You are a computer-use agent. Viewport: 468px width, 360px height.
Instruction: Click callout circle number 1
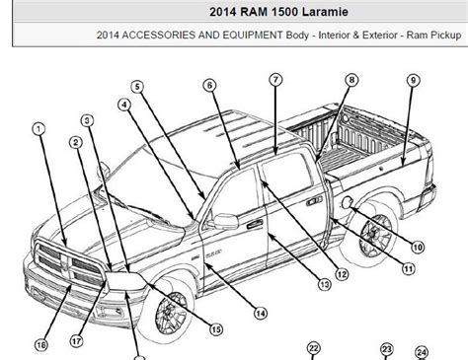tap(39, 129)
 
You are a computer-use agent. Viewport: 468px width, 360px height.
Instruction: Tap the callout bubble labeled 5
tap(137, 87)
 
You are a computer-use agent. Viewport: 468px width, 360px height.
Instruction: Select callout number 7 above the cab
tap(275, 80)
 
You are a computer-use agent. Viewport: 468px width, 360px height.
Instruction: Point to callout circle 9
tap(414, 80)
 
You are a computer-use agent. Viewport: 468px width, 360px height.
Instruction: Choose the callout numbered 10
tap(418, 247)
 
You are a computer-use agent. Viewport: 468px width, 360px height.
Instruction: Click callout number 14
tap(261, 314)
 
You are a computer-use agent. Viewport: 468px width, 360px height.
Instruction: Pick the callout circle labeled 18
tap(41, 345)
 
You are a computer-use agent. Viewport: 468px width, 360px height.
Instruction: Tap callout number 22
tap(313, 348)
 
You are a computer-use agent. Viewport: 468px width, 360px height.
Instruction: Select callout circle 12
tap(342, 274)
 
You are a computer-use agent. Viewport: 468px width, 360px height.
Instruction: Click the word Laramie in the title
tap(325, 12)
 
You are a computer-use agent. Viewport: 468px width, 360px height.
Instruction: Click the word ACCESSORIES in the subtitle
tap(159, 35)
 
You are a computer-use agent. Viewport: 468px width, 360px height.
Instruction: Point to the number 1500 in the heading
tap(285, 12)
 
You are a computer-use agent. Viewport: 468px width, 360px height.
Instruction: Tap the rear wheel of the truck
tap(376, 236)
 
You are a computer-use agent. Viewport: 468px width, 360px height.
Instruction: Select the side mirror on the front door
tap(225, 221)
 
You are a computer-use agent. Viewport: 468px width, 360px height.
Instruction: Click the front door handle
tap(255, 224)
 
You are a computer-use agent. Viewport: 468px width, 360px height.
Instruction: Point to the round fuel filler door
tap(348, 202)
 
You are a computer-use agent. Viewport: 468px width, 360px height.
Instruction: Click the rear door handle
tap(314, 200)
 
